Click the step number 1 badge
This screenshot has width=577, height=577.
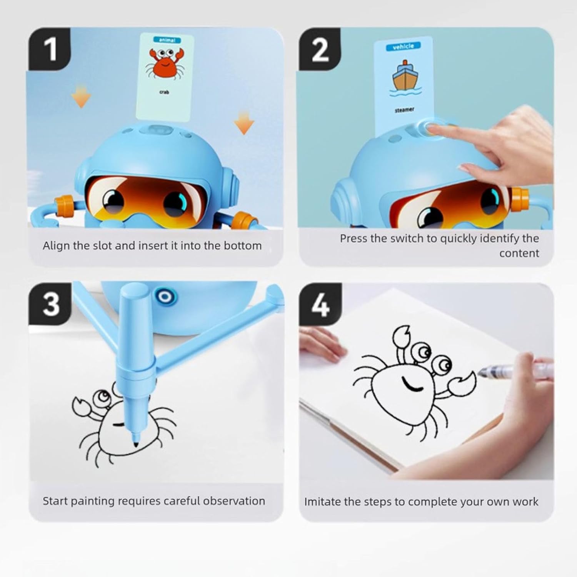[49, 49]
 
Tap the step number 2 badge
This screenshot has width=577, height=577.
[320, 49]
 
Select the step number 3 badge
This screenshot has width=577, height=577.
[50, 304]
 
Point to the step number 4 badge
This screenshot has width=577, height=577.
[320, 305]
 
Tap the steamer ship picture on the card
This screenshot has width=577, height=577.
[403, 79]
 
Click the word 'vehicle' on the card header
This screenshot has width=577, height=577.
[403, 47]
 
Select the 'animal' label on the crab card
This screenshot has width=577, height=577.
[167, 40]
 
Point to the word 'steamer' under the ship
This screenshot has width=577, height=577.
[404, 110]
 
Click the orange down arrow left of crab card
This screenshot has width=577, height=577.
[81, 97]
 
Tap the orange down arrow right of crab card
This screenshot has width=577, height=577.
[244, 122]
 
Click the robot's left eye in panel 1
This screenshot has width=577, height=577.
[113, 200]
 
